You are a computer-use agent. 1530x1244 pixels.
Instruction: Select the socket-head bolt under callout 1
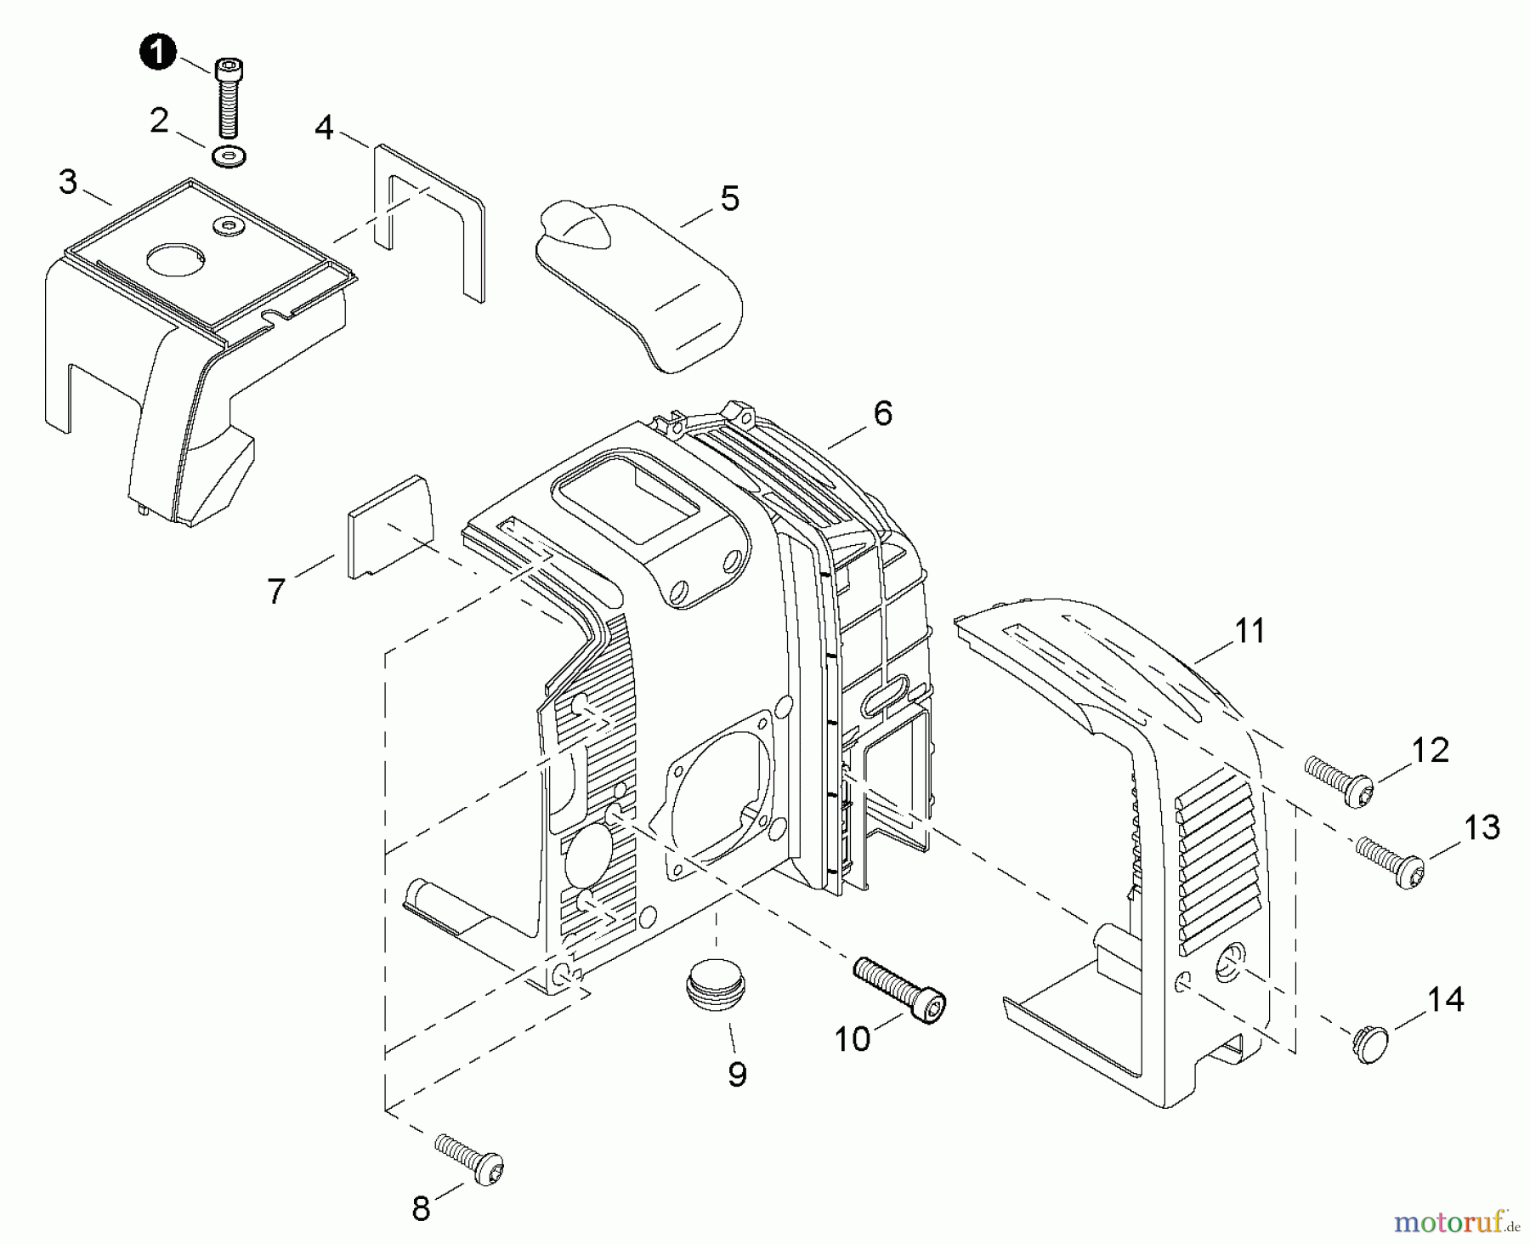click(227, 97)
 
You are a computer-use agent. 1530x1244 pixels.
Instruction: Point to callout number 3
click(68, 182)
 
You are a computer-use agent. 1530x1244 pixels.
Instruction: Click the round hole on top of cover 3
click(176, 258)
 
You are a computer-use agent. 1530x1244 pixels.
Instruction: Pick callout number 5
click(729, 199)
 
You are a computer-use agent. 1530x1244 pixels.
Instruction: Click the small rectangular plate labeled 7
click(390, 527)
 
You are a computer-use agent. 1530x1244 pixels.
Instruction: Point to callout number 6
click(882, 414)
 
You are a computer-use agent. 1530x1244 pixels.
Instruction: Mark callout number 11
click(1249, 631)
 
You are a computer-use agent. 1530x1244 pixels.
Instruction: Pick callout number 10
click(852, 1038)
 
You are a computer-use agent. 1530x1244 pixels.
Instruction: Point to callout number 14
click(1445, 1000)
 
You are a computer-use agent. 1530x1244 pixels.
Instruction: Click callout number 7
click(275, 591)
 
